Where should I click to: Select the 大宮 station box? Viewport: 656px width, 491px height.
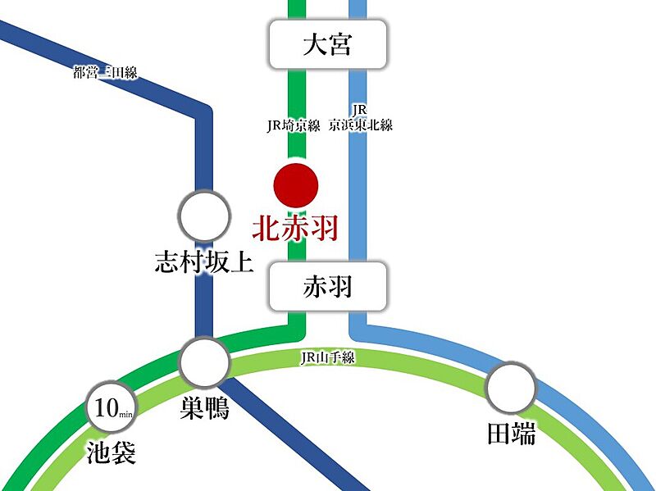coord(327,44)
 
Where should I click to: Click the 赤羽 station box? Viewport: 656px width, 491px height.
coord(327,286)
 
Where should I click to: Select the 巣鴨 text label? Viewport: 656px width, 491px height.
coord(204,407)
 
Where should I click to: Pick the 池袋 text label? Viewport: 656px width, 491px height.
coord(112,452)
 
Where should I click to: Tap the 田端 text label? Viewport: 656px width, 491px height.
coord(512,434)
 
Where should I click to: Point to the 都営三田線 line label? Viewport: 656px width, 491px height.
coord(105,73)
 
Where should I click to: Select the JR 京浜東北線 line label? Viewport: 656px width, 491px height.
coord(361,118)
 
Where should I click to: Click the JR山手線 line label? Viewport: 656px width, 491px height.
coord(327,357)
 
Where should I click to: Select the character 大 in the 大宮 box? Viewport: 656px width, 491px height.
coord(315,44)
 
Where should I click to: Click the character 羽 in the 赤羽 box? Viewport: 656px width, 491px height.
coord(339,286)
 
